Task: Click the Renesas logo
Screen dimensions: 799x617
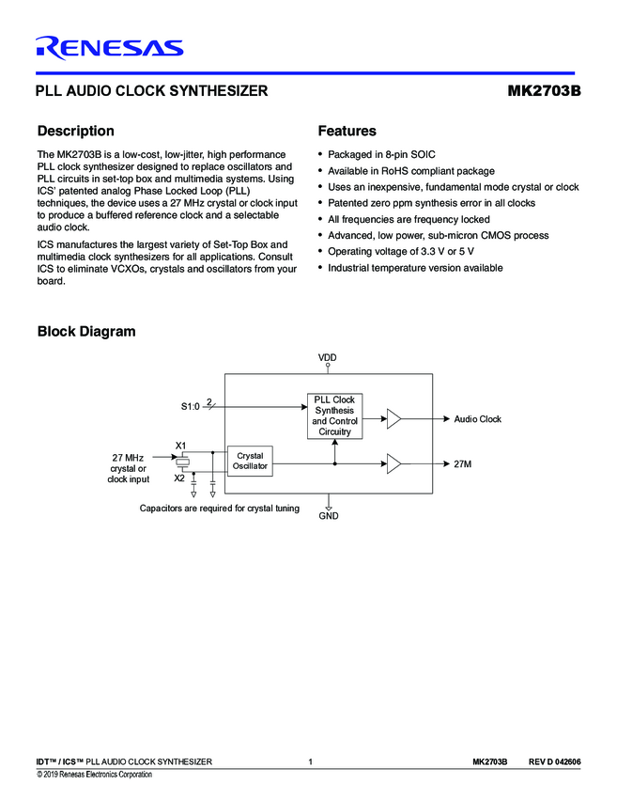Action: click(x=109, y=47)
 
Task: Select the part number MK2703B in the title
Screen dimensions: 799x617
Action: click(x=544, y=92)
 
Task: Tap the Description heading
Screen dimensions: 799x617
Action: click(x=75, y=131)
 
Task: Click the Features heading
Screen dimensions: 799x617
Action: click(x=347, y=131)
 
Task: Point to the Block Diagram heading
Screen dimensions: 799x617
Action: click(x=86, y=331)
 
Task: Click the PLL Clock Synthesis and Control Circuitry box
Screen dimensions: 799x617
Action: click(x=334, y=415)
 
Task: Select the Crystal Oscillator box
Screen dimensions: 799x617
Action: click(x=250, y=461)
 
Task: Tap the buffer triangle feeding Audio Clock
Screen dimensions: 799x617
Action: click(x=394, y=418)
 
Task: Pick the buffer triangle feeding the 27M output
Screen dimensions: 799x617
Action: click(x=394, y=463)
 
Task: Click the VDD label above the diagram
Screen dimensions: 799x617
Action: click(x=328, y=358)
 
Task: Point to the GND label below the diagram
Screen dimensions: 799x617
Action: click(x=328, y=516)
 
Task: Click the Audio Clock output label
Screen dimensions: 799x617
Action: click(x=477, y=419)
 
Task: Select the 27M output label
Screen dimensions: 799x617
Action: click(x=462, y=464)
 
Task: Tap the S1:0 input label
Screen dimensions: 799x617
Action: click(x=191, y=406)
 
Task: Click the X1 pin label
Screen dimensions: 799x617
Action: click(x=181, y=445)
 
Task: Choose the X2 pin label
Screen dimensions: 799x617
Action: click(x=178, y=478)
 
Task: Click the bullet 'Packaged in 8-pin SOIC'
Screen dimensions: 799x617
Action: click(x=381, y=154)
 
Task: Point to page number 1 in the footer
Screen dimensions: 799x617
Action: click(x=310, y=760)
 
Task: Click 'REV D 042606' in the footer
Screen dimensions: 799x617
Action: click(x=554, y=760)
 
